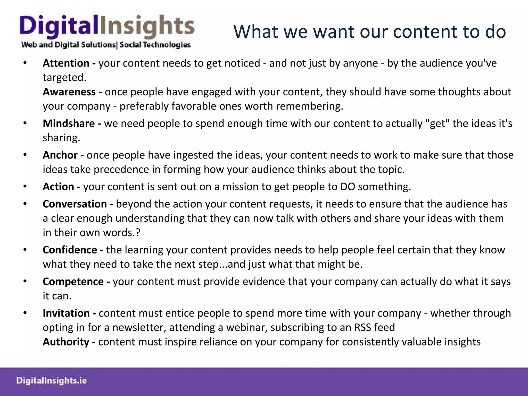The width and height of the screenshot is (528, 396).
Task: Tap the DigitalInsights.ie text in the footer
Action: tap(52, 381)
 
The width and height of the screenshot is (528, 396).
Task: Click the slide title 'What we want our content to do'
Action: tap(369, 31)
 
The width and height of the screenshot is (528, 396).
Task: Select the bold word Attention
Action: tap(66, 63)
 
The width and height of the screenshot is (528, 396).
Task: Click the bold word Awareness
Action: tap(69, 92)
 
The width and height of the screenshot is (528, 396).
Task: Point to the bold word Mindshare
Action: tap(69, 123)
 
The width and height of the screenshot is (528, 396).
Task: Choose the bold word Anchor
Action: tap(60, 155)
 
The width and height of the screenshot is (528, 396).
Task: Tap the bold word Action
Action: tap(58, 187)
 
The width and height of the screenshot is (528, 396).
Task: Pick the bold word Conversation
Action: tap(75, 204)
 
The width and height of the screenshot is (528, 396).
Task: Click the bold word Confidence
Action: tap(70, 250)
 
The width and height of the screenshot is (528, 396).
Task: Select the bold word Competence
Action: tap(73, 282)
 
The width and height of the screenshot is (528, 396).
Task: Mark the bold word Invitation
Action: tap(66, 313)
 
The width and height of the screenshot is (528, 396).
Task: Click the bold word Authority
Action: tap(66, 342)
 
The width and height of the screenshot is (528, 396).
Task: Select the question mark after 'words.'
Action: tap(138, 233)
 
